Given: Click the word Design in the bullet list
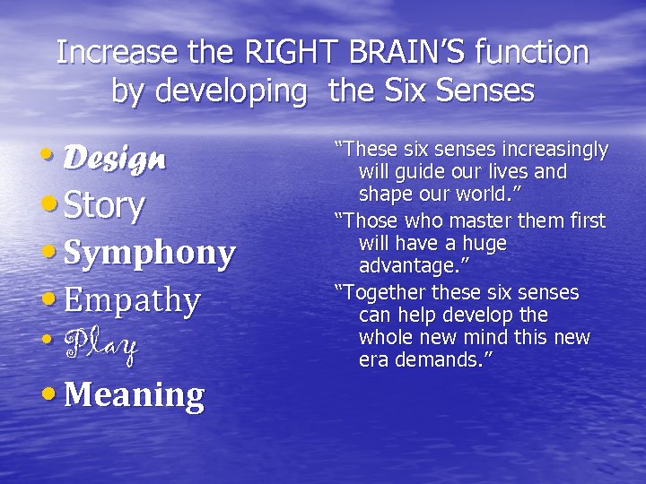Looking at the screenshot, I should pyautogui.click(x=115, y=159).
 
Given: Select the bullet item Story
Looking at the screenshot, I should pyautogui.click(x=104, y=205).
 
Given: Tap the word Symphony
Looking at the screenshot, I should pyautogui.click(x=150, y=254).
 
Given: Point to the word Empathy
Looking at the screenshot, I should pyautogui.click(x=132, y=300).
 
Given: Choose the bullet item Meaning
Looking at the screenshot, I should pyautogui.click(x=134, y=393).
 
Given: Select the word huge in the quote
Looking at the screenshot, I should pyautogui.click(x=484, y=243).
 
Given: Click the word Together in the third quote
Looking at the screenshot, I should pyautogui.click(x=384, y=293).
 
